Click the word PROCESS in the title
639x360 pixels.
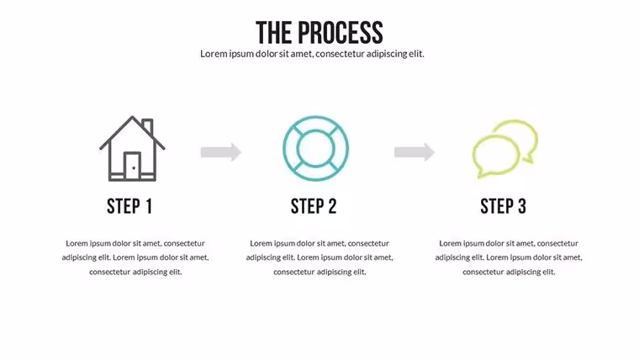click(x=341, y=33)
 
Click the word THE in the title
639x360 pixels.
click(x=273, y=33)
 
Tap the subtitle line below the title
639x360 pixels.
click(x=312, y=54)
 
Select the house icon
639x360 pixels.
click(x=133, y=148)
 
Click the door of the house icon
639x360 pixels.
click(x=133, y=166)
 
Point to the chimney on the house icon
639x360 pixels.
click(x=148, y=126)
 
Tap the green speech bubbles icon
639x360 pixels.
click(x=505, y=149)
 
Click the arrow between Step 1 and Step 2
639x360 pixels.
click(x=221, y=152)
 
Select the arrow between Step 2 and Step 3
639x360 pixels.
click(x=415, y=152)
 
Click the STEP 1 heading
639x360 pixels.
click(x=129, y=206)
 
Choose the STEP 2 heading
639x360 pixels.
click(x=314, y=206)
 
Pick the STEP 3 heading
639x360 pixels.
click(x=504, y=206)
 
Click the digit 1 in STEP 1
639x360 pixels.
click(x=149, y=206)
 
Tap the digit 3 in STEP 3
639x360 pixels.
click(x=522, y=206)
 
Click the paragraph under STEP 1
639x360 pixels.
click(x=135, y=257)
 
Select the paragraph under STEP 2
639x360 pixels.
click(x=319, y=257)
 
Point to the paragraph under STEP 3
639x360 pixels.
click(x=509, y=257)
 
